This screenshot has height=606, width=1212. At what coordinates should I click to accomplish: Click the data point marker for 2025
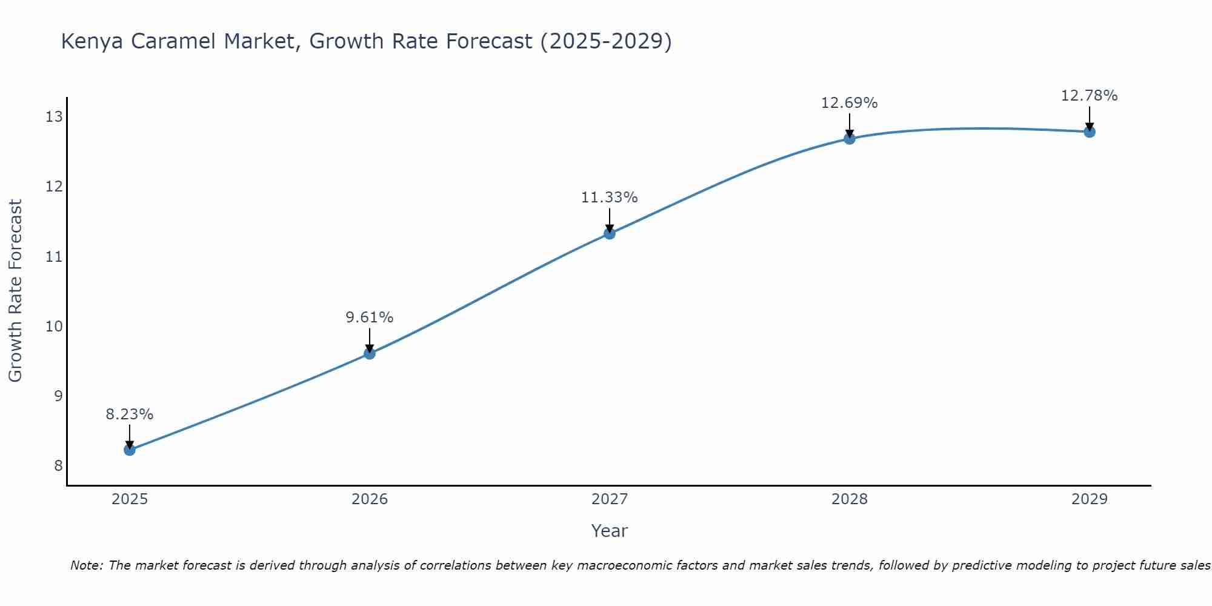(x=130, y=450)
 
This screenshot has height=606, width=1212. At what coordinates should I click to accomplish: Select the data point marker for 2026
(x=370, y=353)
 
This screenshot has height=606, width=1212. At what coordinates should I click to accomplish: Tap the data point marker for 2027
(x=610, y=233)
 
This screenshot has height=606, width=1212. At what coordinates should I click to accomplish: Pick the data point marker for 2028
(x=850, y=138)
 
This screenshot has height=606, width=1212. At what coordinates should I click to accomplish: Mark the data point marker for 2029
(x=1089, y=132)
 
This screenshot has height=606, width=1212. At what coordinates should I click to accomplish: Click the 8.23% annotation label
(x=130, y=415)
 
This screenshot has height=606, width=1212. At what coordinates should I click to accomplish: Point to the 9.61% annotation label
(x=370, y=318)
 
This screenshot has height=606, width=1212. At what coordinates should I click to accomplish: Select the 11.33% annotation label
(x=610, y=198)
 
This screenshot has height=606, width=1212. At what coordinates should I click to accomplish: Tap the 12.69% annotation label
(x=850, y=103)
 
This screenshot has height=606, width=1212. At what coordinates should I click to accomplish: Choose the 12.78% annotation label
(x=1089, y=96)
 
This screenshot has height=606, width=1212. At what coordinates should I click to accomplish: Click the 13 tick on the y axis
(x=54, y=117)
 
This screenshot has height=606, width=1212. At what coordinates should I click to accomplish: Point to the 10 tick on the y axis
(x=54, y=327)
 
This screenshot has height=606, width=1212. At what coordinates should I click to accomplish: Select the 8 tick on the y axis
(x=58, y=466)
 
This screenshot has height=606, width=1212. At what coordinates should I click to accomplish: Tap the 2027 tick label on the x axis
(x=610, y=499)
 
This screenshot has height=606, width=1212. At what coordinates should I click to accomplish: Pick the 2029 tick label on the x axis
(x=1089, y=499)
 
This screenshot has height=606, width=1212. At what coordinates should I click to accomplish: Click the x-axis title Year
(x=610, y=531)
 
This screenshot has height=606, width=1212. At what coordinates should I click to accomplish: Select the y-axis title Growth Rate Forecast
(x=15, y=291)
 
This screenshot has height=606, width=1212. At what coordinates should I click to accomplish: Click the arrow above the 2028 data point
(x=850, y=125)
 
